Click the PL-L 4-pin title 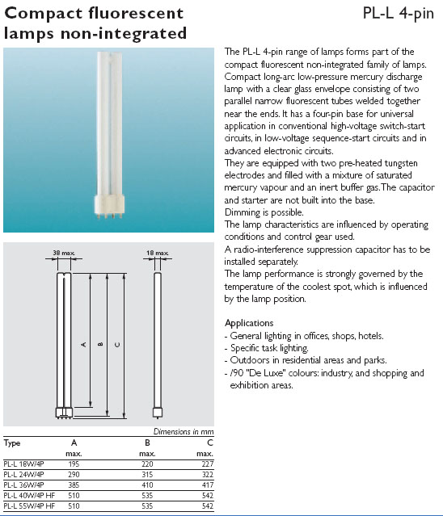tap(399, 14)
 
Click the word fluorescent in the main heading tap(136, 13)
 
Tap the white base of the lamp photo tap(109, 204)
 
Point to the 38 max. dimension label tap(64, 253)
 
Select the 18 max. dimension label tap(157, 253)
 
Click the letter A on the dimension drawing tap(83, 345)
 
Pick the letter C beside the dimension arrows tap(117, 345)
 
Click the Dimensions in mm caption tap(184, 431)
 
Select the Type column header tap(12, 443)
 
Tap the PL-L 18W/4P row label tap(23, 464)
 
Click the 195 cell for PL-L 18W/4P tap(74, 464)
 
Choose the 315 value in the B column tap(147, 475)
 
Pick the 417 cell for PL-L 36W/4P tap(208, 485)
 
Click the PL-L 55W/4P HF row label tap(29, 506)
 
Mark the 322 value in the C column tap(208, 475)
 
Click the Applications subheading tap(249, 323)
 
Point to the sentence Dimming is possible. tap(264, 212)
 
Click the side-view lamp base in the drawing tap(158, 413)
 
